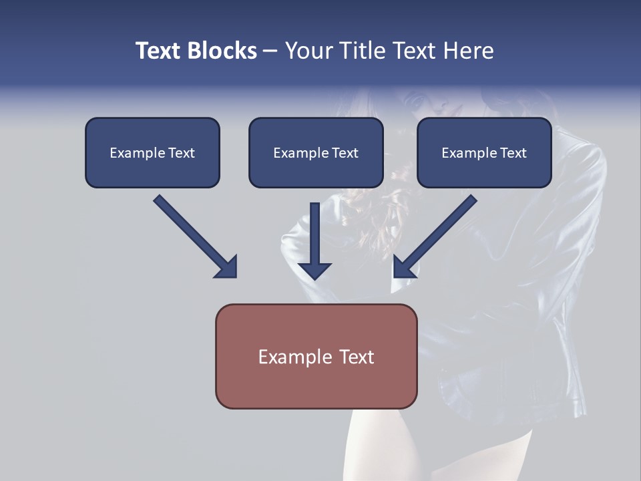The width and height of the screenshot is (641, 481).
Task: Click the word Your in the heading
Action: [x=309, y=51]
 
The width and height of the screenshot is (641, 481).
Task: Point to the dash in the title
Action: [x=270, y=51]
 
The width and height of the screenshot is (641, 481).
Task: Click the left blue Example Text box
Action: [x=152, y=153]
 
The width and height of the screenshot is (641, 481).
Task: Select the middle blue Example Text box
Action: [x=316, y=153]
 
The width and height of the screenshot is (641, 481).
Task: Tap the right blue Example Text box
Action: [x=484, y=153]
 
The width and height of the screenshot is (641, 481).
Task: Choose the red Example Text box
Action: [x=316, y=356]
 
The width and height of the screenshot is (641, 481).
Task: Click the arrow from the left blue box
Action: [x=194, y=235]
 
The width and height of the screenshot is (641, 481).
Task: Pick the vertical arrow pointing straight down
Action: [x=315, y=240]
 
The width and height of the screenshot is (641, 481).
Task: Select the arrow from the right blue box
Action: [x=437, y=235]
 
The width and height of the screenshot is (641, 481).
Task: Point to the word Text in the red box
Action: [x=355, y=357]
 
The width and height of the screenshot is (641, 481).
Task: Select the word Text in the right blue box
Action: [x=513, y=153]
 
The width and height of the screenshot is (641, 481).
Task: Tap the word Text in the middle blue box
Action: [x=345, y=153]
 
